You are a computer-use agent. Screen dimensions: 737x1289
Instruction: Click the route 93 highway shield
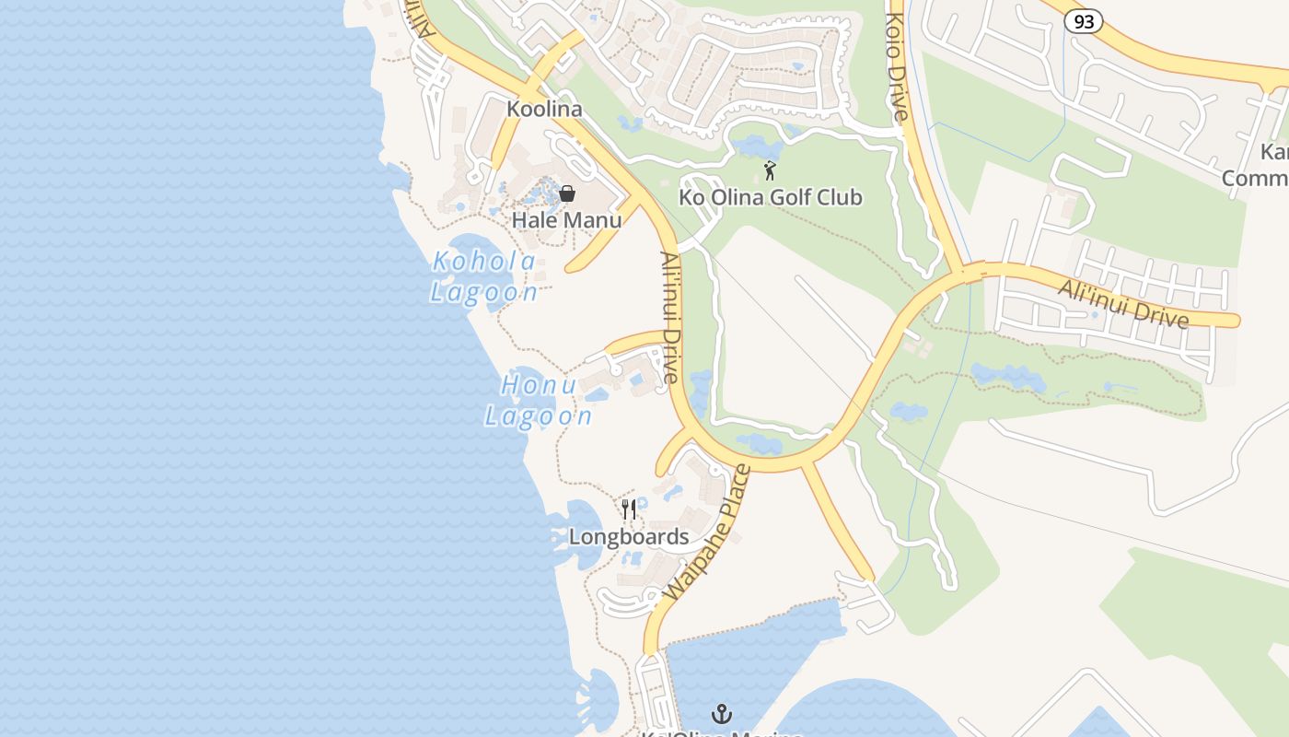[x=1084, y=22]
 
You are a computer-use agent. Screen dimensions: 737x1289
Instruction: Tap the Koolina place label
[x=544, y=109]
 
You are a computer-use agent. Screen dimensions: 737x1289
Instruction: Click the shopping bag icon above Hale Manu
[x=567, y=193]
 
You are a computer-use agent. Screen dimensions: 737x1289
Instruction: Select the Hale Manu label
[x=566, y=220]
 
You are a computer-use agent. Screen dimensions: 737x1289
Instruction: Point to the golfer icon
[x=770, y=170]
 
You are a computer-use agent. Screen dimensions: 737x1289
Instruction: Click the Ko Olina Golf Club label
[x=771, y=197]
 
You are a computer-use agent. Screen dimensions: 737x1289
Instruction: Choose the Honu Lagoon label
[x=539, y=401]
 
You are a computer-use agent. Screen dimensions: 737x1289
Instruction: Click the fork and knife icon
[x=629, y=509]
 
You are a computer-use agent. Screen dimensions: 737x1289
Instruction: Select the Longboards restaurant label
[x=629, y=537]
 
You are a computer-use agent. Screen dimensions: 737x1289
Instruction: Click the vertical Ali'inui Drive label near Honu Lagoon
[x=669, y=318]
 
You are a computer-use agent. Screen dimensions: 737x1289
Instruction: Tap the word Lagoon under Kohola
[x=484, y=293]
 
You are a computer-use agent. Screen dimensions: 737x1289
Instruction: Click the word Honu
[x=539, y=385]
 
